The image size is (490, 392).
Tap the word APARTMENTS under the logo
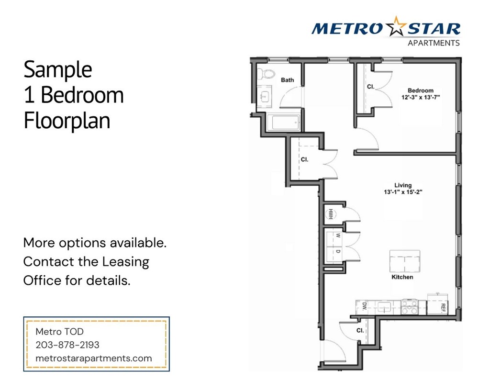pyautogui.click(x=433, y=43)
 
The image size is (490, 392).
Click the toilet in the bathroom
pyautogui.click(x=265, y=74)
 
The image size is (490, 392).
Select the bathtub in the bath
pyautogui.click(x=283, y=123)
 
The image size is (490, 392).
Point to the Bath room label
pyautogui.click(x=287, y=80)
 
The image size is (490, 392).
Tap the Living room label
pyautogui.click(x=402, y=185)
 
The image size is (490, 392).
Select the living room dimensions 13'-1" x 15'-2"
pyautogui.click(x=402, y=192)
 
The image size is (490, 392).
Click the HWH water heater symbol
pyautogui.click(x=330, y=213)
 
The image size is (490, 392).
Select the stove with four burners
pyautogui.click(x=410, y=306)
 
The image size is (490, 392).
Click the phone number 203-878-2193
pyautogui.click(x=67, y=345)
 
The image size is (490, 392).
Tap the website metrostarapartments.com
pyautogui.click(x=94, y=358)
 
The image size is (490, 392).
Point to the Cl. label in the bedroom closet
pyautogui.click(x=370, y=87)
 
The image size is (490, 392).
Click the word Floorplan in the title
pyautogui.click(x=67, y=121)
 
